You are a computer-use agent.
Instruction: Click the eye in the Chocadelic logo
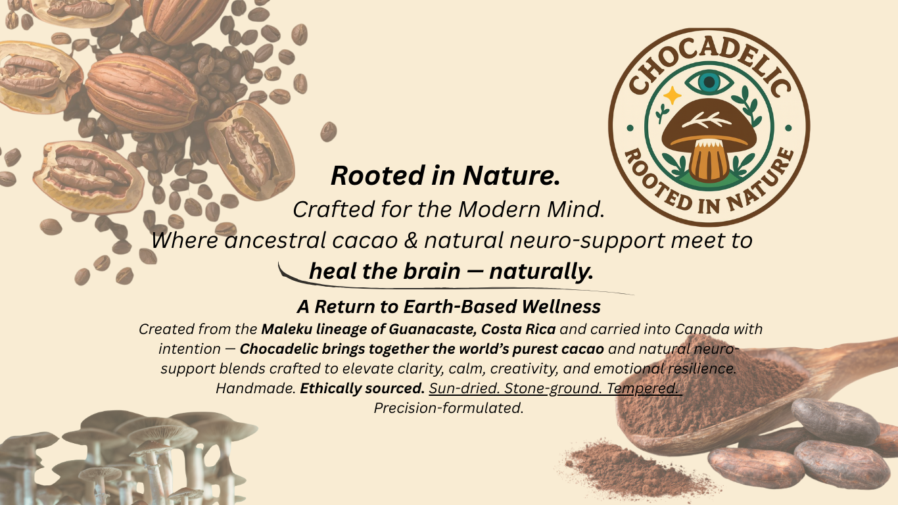click(x=709, y=82)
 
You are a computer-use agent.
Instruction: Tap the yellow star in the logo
click(x=673, y=95)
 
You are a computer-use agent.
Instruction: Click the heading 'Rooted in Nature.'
click(x=446, y=176)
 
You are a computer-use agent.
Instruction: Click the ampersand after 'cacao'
click(x=411, y=241)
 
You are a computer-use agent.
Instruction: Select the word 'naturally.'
click(x=541, y=272)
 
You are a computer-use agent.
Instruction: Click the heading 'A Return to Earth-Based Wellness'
click(x=448, y=307)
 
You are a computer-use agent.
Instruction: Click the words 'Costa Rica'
click(x=518, y=329)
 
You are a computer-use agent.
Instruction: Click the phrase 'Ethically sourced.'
click(x=362, y=388)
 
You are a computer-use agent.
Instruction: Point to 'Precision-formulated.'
click(x=448, y=408)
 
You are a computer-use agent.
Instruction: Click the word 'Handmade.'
click(x=256, y=388)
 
